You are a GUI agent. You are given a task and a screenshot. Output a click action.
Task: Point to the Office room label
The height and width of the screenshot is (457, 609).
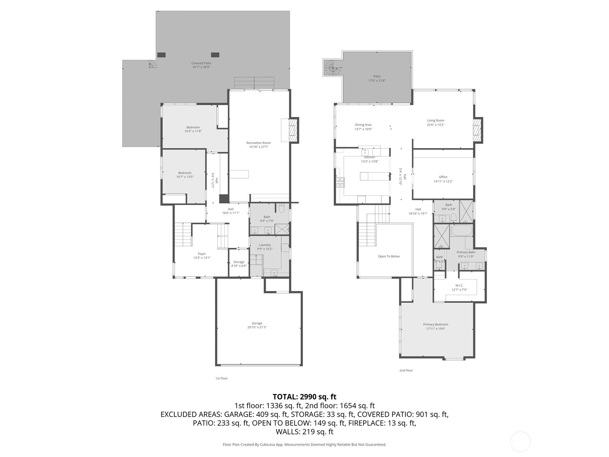[x=443, y=177]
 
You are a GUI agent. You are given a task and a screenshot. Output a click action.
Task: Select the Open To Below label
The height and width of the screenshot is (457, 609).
[x=389, y=256]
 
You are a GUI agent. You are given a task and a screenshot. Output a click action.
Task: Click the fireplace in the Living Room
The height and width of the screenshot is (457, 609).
[x=477, y=130]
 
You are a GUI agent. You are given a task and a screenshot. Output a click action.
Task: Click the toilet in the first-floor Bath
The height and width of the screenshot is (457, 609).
[x=282, y=208]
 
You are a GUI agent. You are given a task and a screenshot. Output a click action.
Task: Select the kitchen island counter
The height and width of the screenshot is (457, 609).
[x=375, y=176]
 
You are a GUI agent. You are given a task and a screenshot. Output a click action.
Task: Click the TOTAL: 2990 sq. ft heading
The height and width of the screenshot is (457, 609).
[x=304, y=397]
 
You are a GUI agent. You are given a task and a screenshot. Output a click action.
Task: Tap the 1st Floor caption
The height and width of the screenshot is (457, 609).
[x=222, y=378]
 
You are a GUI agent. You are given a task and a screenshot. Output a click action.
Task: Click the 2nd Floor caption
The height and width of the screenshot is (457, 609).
[x=406, y=370]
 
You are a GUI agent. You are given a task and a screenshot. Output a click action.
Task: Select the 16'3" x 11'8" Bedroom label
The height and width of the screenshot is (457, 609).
[x=193, y=129]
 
